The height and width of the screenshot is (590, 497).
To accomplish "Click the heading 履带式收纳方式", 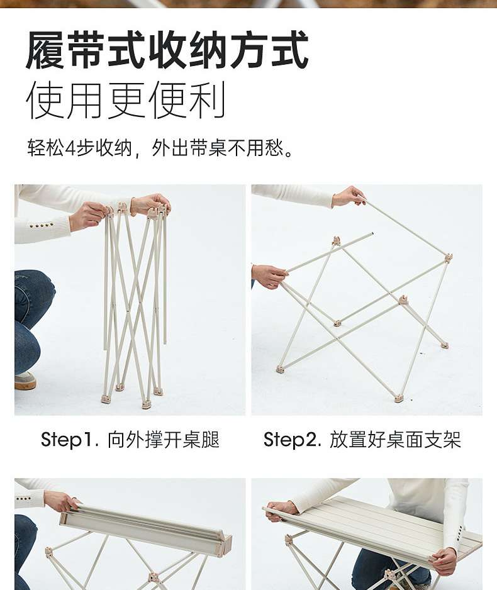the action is [167, 50].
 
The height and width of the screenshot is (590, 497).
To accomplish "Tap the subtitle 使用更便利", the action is [126, 100].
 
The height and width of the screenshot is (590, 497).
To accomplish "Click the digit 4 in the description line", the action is [70, 148].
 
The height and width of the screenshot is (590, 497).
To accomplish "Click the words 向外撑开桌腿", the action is [164, 440].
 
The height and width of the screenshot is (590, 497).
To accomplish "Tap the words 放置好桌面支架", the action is [396, 440].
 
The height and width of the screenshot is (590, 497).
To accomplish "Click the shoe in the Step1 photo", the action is [25, 380].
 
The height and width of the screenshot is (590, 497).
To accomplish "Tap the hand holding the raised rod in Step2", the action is [348, 196].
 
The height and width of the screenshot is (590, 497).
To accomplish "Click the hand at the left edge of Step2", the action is [268, 276].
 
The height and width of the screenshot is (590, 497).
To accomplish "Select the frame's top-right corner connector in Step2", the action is [448, 258].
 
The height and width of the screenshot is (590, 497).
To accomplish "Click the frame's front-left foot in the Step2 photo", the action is [281, 369].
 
